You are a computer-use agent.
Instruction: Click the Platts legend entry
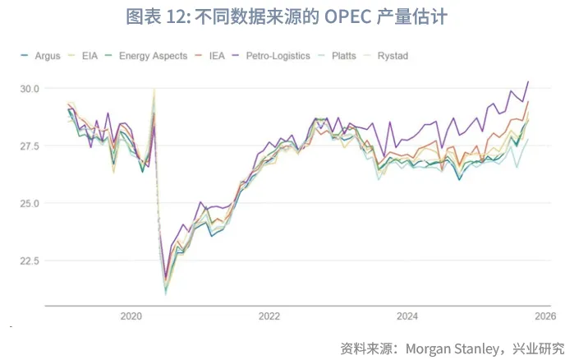point(344,56)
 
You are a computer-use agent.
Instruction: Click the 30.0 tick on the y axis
point(29,88)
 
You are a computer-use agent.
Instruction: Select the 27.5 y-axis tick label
point(29,145)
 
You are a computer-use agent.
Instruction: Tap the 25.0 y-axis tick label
point(29,203)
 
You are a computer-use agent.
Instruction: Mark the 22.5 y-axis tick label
point(29,261)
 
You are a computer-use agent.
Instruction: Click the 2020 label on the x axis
point(131,316)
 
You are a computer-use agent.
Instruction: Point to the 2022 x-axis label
point(269,316)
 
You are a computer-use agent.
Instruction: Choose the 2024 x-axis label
point(407,316)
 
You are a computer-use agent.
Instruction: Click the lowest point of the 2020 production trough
point(166,293)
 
